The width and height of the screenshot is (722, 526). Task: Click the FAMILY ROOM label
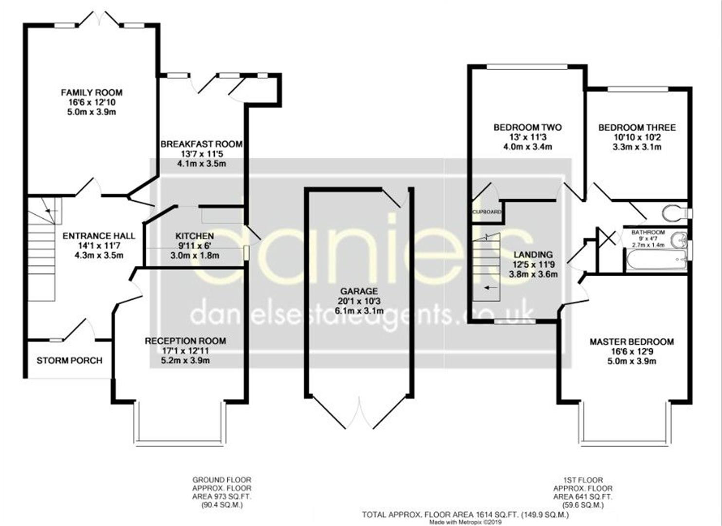click(92, 93)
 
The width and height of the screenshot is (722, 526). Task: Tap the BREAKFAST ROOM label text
click(202, 144)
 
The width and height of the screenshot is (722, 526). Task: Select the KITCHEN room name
click(195, 236)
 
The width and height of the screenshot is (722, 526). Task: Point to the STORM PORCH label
click(69, 360)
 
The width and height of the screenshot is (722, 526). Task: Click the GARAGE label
click(359, 291)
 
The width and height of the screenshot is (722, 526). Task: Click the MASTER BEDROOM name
click(632, 342)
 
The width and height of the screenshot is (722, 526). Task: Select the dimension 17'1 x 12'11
click(185, 351)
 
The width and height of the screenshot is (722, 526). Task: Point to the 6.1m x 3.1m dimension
click(359, 311)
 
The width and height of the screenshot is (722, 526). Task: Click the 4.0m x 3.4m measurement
click(528, 147)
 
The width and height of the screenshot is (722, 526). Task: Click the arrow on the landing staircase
click(490, 287)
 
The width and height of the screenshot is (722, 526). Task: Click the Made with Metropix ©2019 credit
click(465, 522)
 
